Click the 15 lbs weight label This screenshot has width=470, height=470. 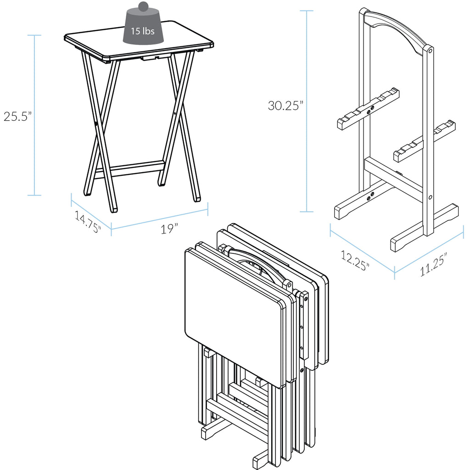tap(142, 32)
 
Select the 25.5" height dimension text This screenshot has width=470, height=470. tap(17, 116)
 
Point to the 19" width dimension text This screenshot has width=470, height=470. tap(169, 229)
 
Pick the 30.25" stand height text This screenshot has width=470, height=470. tap(285, 106)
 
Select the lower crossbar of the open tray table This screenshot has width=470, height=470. tap(130, 169)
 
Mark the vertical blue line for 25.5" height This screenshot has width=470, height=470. tap(34, 115)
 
